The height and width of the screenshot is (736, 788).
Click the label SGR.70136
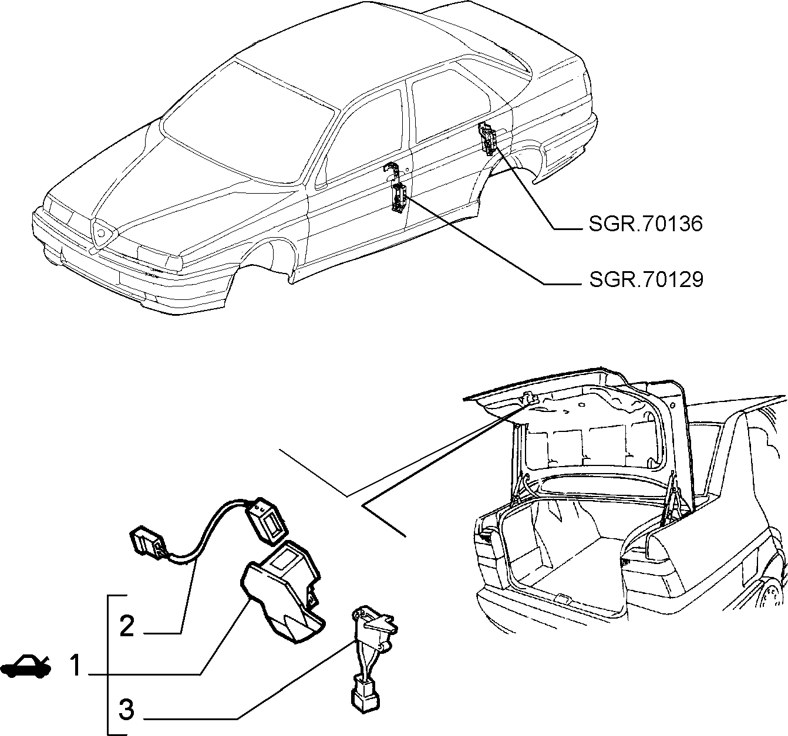point(645,224)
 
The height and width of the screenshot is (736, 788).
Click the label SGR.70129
point(646,279)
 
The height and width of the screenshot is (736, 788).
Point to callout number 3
point(127,710)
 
